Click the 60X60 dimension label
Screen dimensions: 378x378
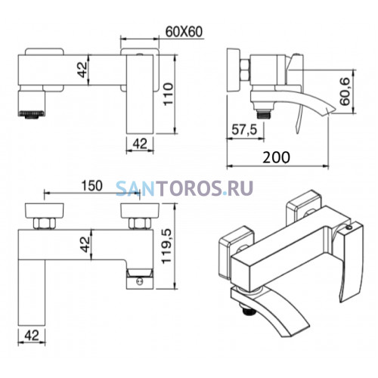pyautogui.click(x=184, y=32)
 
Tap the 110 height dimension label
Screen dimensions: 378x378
pyautogui.click(x=167, y=94)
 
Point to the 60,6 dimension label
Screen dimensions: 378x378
pyautogui.click(x=344, y=91)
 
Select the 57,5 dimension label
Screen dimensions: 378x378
pyautogui.click(x=244, y=130)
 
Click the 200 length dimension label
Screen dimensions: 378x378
pyautogui.click(x=276, y=157)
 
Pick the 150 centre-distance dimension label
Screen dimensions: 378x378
pyautogui.click(x=91, y=186)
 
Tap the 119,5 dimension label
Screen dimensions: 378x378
pyautogui.click(x=166, y=246)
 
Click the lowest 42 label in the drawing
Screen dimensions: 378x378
pyautogui.click(x=32, y=336)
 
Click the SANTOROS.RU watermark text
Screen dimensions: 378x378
pyautogui.click(x=184, y=188)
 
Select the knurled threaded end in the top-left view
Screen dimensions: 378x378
pyautogui.click(x=32, y=114)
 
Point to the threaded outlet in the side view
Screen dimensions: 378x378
pyautogui.click(x=263, y=114)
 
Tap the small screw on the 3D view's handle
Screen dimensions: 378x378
pyautogui.click(x=349, y=228)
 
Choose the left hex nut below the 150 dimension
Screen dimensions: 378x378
pyautogui.click(x=45, y=223)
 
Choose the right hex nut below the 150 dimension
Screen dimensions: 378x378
pyautogui.click(x=140, y=223)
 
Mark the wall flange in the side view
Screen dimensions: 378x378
pyautogui.click(x=234, y=70)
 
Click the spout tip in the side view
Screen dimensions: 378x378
pyautogui.click(x=335, y=110)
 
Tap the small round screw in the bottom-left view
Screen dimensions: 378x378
pyautogui.click(x=140, y=282)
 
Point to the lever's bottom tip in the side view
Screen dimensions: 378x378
pyautogui.click(x=297, y=133)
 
